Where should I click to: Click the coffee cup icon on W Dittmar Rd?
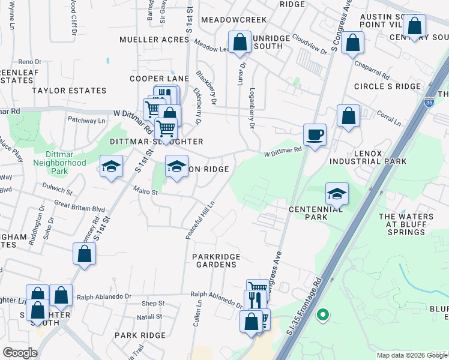click(x=315, y=134)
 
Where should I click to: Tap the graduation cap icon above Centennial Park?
click(x=337, y=193)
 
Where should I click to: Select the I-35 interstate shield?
click(x=429, y=103)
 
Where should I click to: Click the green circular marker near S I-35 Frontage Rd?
click(x=323, y=313)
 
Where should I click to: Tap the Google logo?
click(x=20, y=353)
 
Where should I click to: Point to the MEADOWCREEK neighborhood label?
click(x=234, y=20)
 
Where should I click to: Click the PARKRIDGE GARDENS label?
click(x=216, y=261)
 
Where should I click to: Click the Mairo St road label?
click(x=145, y=193)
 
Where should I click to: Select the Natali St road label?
click(x=151, y=316)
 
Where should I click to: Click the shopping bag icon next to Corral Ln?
click(x=348, y=115)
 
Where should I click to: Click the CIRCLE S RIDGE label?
click(x=388, y=86)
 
